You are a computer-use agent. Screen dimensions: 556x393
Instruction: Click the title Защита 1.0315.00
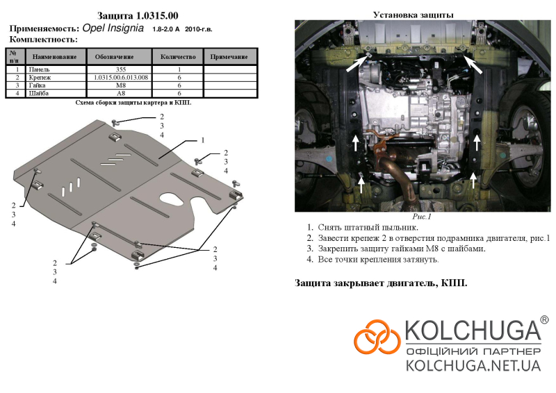tap(138, 16)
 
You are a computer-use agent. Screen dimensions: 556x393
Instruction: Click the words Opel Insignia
tap(113, 28)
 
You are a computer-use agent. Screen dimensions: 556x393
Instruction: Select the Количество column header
tap(178, 57)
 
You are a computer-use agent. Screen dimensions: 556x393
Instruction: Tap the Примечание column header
tap(229, 57)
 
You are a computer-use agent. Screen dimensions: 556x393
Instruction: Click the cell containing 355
tap(120, 69)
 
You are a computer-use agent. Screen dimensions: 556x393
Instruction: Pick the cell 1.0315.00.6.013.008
tap(121, 77)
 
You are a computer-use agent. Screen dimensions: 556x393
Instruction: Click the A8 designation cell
tap(120, 93)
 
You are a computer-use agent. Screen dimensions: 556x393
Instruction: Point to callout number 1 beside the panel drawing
tap(202, 140)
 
